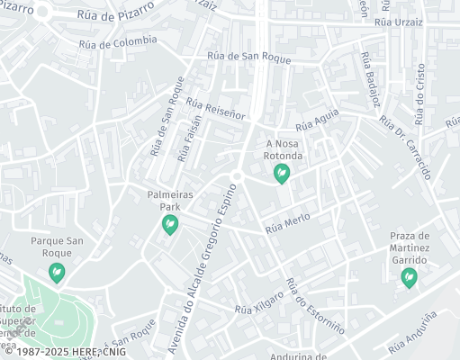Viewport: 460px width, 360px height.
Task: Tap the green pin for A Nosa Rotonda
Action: [x=282, y=170]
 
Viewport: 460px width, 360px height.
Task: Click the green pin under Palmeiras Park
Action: [x=170, y=226]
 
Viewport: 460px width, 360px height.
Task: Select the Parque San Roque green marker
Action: [x=58, y=271]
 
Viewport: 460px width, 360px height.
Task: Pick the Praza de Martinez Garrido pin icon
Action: [x=410, y=277]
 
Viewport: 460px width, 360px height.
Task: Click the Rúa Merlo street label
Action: [x=287, y=225]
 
